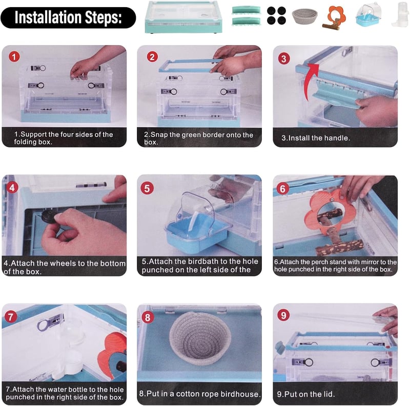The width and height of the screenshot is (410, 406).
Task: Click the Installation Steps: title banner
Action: (68, 17)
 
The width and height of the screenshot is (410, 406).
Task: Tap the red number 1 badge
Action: (14, 56)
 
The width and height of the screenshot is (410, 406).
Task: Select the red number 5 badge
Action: (147, 188)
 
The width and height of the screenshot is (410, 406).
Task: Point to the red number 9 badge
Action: (283, 315)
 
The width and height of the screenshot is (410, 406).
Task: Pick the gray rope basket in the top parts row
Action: (304, 16)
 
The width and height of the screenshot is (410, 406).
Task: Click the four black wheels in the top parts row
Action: (276, 15)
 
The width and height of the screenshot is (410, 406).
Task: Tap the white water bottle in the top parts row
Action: (400, 14)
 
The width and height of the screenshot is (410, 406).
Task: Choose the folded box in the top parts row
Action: (183, 17)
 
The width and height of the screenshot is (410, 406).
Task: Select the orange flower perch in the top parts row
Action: (334, 18)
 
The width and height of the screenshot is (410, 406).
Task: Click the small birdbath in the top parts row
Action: (368, 15)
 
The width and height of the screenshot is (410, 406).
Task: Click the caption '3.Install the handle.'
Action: (316, 138)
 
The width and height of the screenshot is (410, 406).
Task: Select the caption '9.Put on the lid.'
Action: (305, 394)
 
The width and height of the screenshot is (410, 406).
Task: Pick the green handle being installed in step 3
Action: (338, 92)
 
